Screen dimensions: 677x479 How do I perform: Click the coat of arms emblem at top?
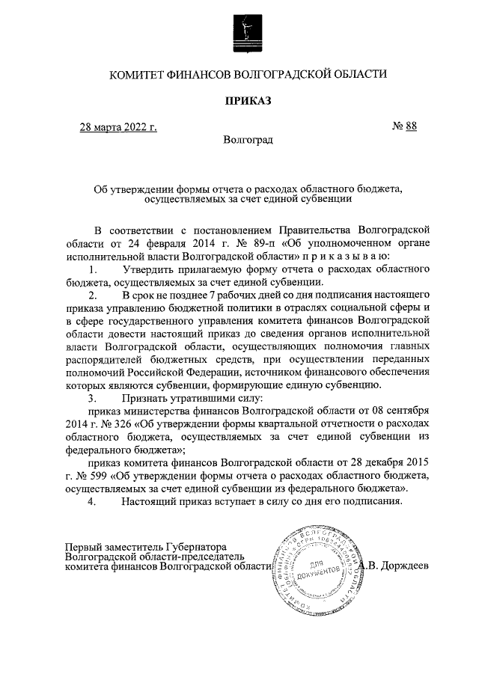click(248, 33)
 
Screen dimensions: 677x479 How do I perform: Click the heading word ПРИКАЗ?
click(248, 100)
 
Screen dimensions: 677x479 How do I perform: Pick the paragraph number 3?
click(93, 399)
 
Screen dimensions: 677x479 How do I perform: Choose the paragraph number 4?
click(93, 502)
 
